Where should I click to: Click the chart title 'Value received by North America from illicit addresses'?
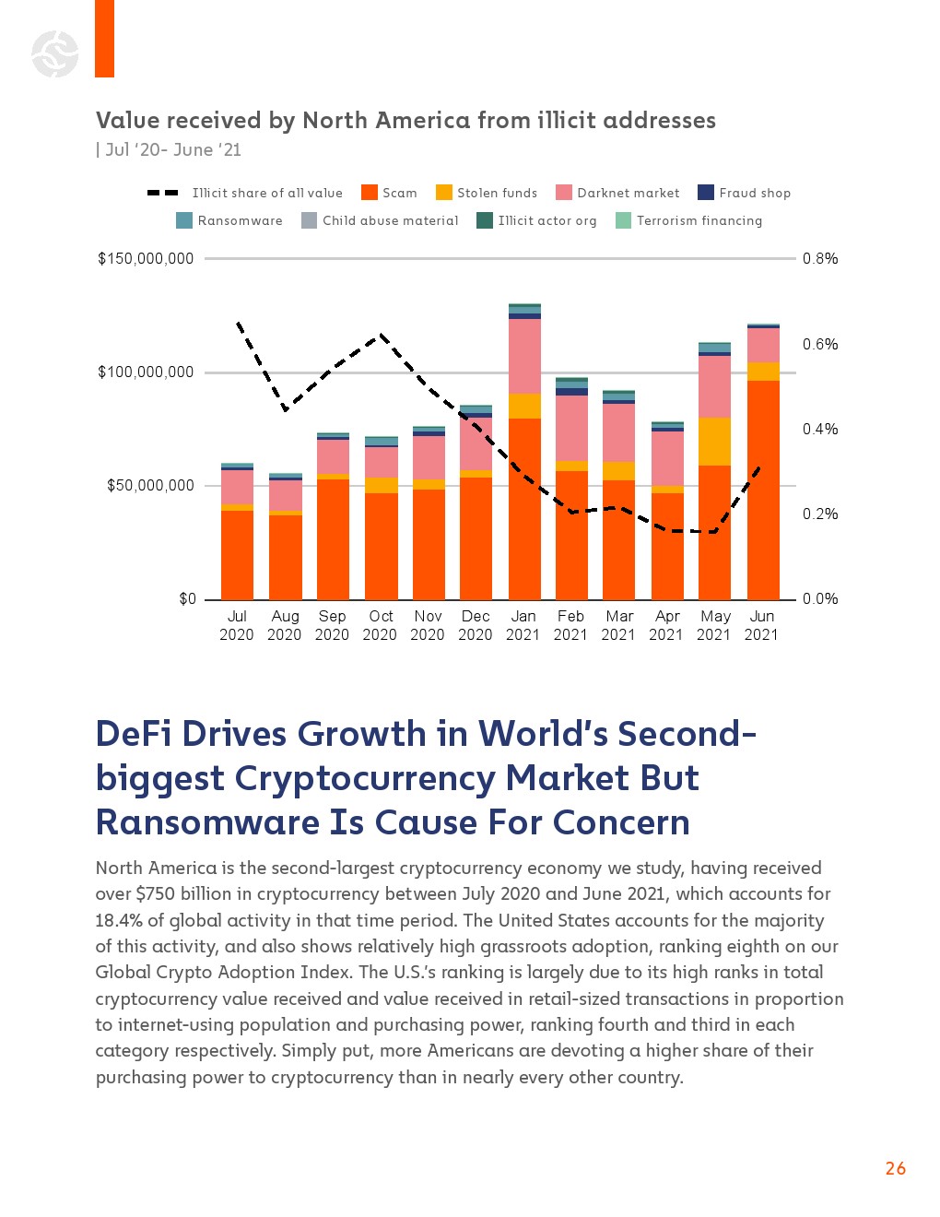coord(405,121)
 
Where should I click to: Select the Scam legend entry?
coord(389,193)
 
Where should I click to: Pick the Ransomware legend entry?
coord(229,220)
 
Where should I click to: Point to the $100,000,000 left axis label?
coord(146,372)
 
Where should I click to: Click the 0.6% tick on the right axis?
coord(820,345)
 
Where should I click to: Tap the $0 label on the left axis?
coord(187,599)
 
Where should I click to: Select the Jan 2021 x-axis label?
coord(523,625)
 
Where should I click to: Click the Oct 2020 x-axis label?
coord(381,625)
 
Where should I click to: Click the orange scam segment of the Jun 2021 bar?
coord(763,489)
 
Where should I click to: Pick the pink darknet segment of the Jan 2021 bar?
coord(524,356)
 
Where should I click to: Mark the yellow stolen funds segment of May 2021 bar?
coord(715,442)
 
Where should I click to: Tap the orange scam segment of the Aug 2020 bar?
coord(285,557)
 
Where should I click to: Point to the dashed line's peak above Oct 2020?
coord(381,336)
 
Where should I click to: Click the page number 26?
coord(895,1168)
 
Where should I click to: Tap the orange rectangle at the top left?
coord(104,39)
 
